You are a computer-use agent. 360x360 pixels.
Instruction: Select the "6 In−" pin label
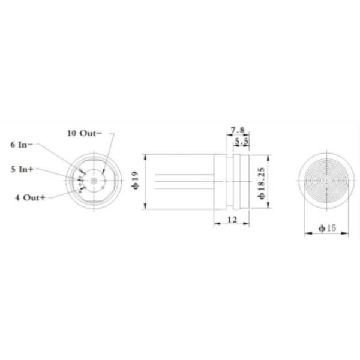click(x=25, y=145)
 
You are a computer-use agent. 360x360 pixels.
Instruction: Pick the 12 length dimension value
click(x=232, y=220)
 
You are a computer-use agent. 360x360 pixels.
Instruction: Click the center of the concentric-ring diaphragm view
click(x=324, y=180)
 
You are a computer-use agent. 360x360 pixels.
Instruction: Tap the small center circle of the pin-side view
click(x=93, y=180)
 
